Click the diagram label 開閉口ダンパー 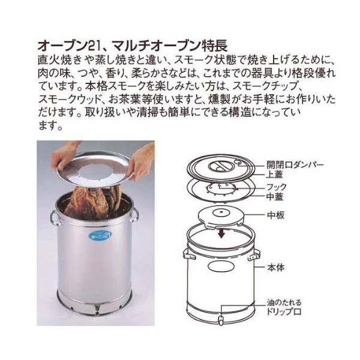(295, 164)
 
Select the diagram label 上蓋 (274, 175)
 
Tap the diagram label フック (277, 187)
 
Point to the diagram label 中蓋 (275, 197)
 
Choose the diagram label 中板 (276, 215)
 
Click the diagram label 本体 (276, 268)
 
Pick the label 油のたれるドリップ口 (284, 307)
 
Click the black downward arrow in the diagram (221, 233)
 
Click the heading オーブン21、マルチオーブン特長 (133, 46)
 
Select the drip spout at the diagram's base (221, 320)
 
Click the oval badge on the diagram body (220, 266)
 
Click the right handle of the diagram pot (254, 256)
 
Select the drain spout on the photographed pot (97, 308)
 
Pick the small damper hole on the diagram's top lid (239, 163)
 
